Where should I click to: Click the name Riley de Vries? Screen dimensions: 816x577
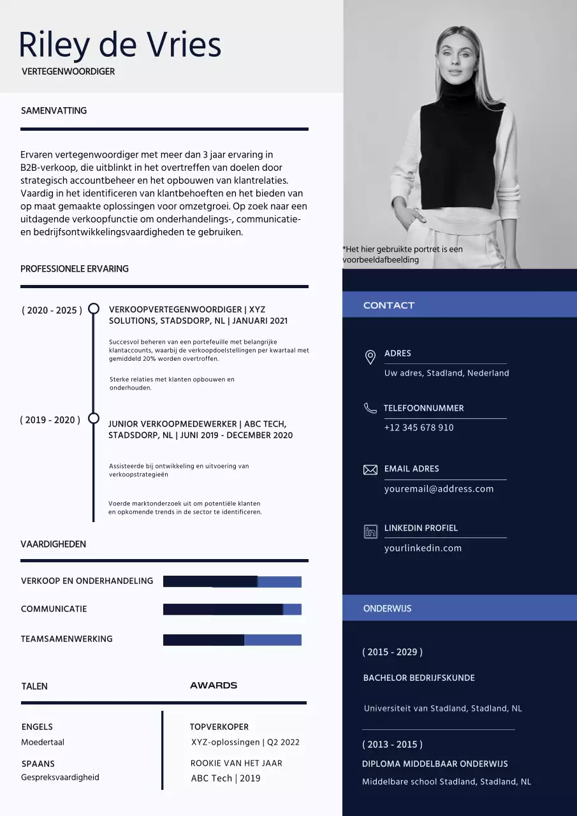click(x=120, y=45)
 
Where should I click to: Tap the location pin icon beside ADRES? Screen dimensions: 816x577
click(x=370, y=357)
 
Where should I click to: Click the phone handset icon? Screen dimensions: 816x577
click(x=370, y=408)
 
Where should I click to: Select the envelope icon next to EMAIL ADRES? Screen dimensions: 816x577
click(x=370, y=470)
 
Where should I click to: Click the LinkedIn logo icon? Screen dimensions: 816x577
click(x=370, y=531)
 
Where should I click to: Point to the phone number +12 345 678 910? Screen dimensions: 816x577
click(x=419, y=428)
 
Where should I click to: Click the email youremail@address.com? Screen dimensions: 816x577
click(x=439, y=489)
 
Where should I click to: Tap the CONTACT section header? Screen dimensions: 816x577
click(x=389, y=305)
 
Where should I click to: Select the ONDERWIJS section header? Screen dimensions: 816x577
click(x=387, y=608)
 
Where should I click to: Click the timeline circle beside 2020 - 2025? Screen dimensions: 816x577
click(x=94, y=309)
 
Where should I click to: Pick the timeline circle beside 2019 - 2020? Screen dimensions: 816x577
click(x=94, y=418)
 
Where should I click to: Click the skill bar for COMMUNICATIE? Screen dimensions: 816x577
click(x=232, y=609)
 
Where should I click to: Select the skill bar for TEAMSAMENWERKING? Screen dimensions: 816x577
click(x=232, y=640)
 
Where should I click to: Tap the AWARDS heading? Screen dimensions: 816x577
click(x=214, y=685)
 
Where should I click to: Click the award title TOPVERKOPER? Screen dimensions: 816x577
click(x=219, y=727)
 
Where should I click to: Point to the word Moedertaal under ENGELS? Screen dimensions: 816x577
click(x=43, y=742)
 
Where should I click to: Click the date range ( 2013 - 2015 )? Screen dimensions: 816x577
click(x=392, y=745)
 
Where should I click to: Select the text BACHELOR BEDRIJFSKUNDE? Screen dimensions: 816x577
click(x=419, y=678)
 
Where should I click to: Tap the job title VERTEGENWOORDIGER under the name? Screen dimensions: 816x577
click(x=68, y=71)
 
